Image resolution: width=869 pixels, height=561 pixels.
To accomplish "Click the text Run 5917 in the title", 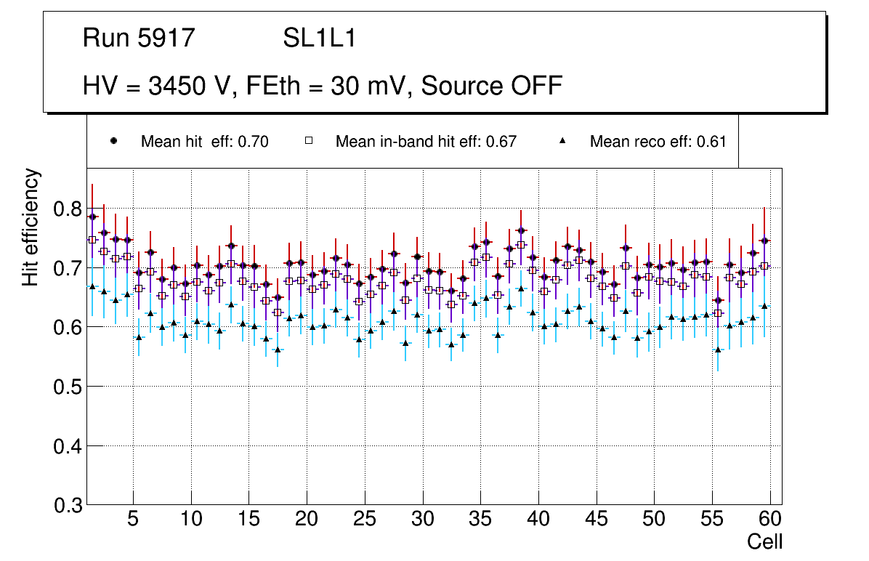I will point(139,39).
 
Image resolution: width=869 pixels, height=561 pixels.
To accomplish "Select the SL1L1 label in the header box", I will point(320,39).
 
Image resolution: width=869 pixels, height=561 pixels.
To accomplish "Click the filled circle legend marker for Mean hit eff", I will point(113,141).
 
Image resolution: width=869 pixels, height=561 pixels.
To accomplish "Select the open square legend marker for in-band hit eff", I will point(308,141).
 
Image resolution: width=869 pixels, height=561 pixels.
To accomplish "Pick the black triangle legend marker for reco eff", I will point(563,141).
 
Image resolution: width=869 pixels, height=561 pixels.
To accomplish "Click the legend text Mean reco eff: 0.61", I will point(658,142).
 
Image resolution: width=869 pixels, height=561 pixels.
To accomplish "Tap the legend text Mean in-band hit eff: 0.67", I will point(426,142).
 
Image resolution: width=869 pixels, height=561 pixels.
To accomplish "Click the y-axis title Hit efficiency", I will point(31,227).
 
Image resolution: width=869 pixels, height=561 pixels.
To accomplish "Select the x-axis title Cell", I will point(765,541).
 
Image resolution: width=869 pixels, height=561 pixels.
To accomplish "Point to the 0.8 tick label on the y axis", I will point(68,209).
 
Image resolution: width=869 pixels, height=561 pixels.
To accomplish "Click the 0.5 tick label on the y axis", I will point(68,387).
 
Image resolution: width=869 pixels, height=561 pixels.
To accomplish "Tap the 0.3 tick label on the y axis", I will point(68,505).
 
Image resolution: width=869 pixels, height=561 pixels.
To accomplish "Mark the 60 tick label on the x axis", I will point(770,520).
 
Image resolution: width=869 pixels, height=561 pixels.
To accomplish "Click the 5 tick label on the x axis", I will point(133,520).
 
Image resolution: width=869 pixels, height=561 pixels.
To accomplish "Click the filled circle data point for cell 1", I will point(92,217).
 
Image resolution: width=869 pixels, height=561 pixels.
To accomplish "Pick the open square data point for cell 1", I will point(92,240).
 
